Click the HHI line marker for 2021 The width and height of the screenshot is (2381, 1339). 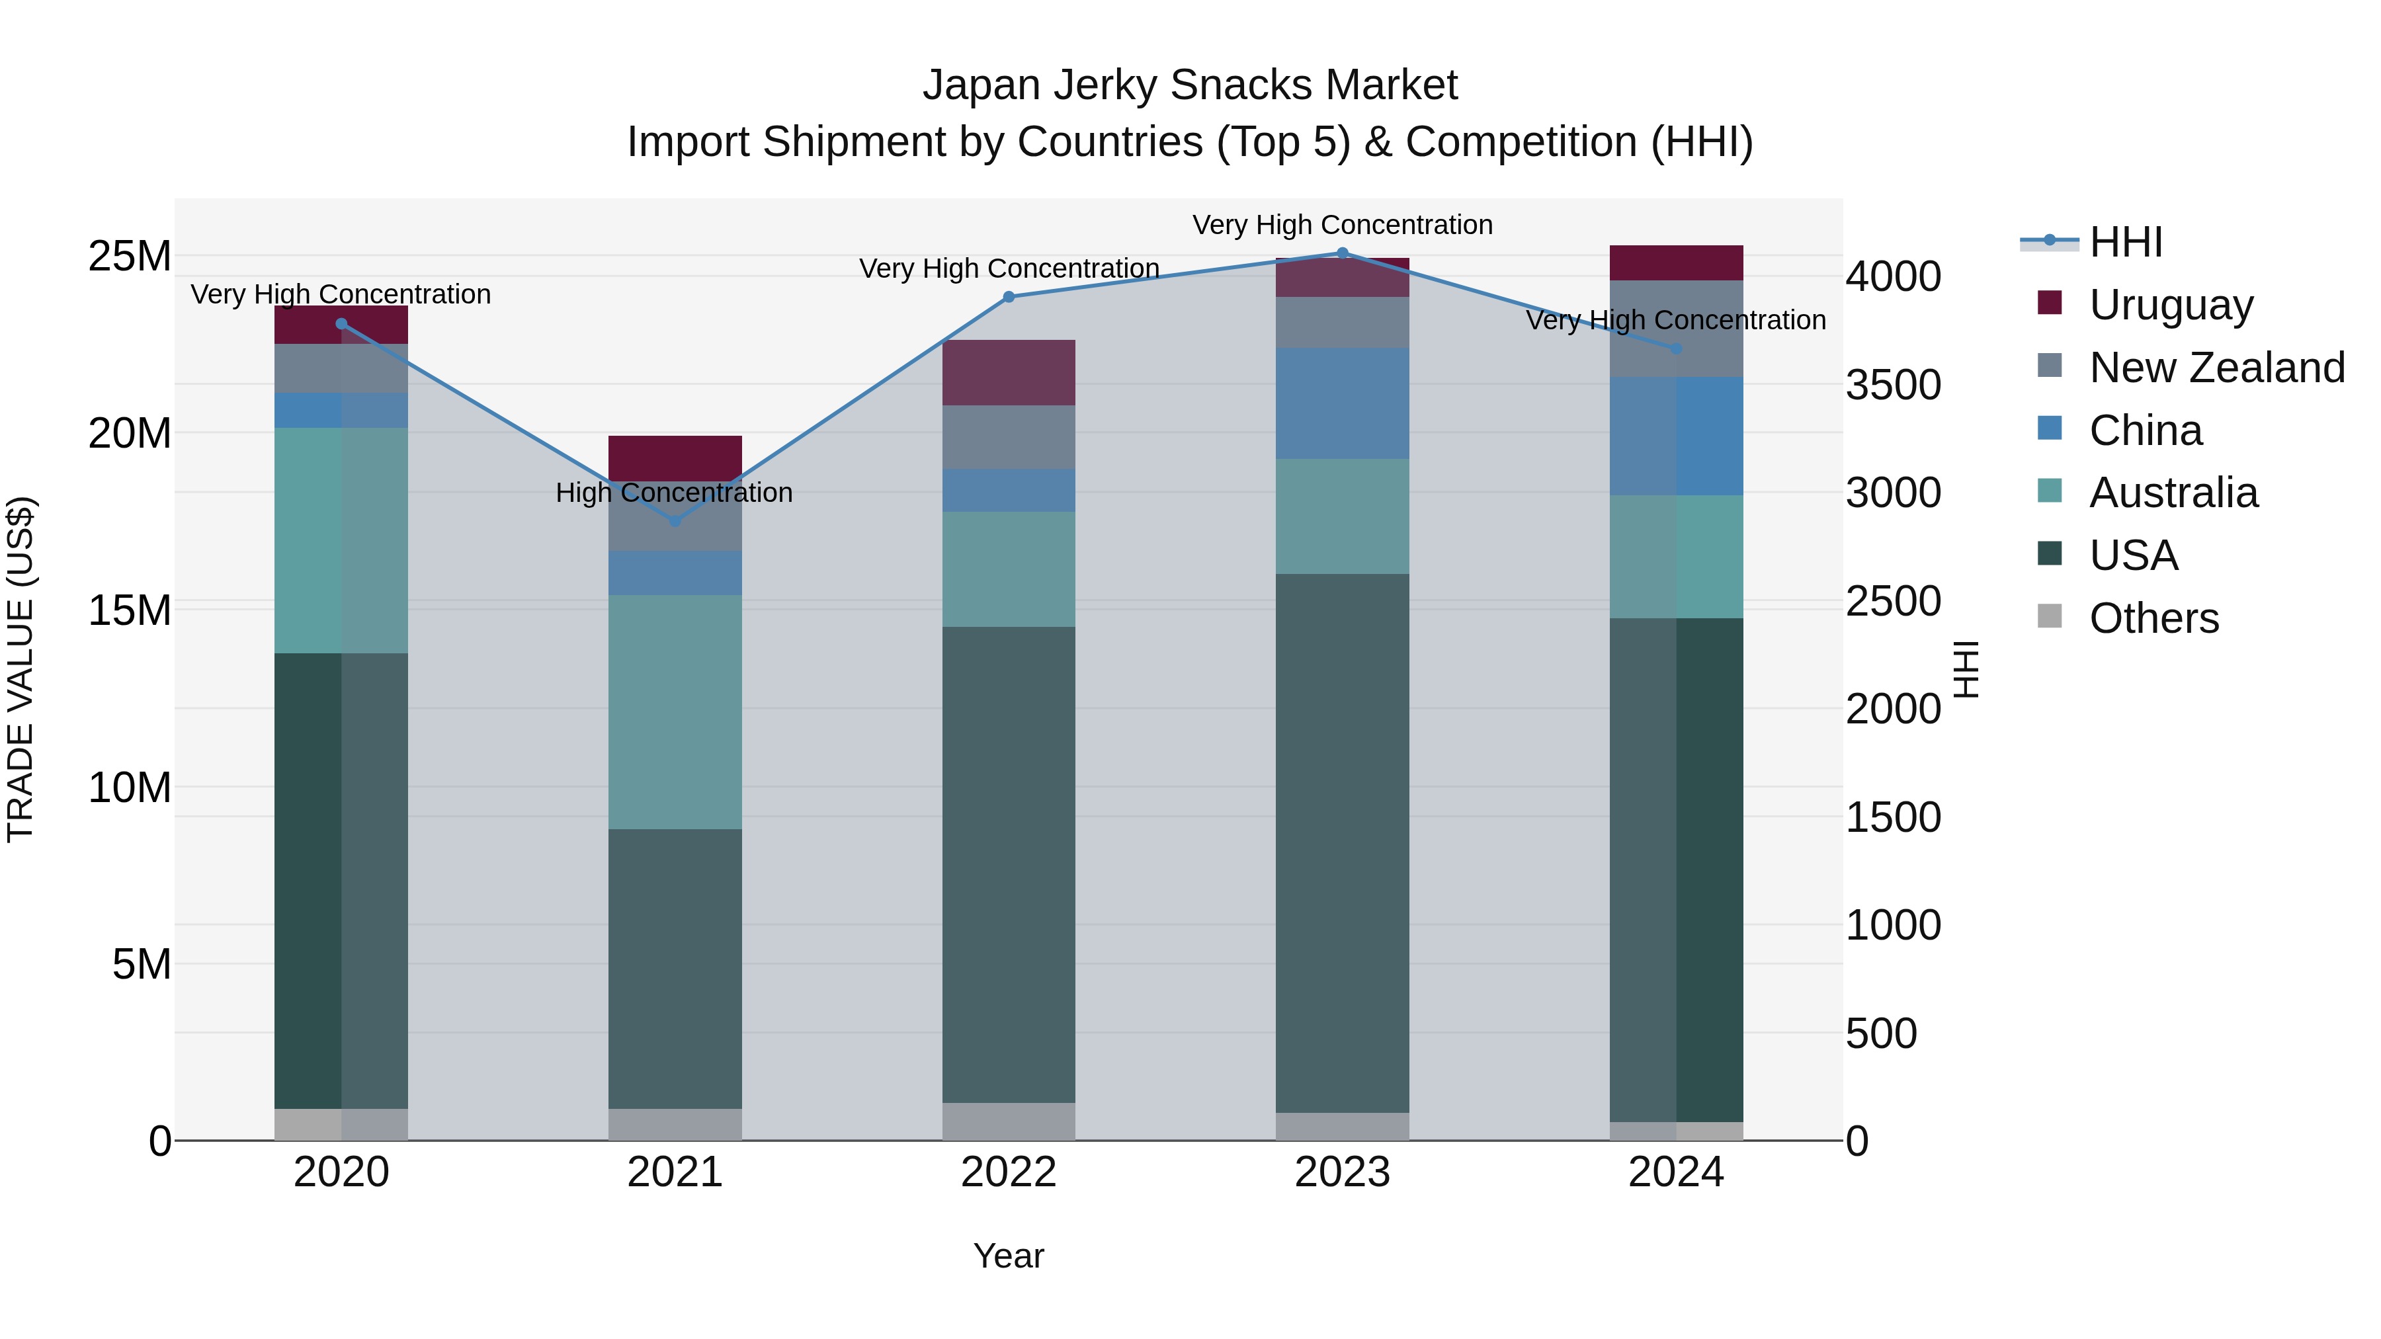(x=675, y=521)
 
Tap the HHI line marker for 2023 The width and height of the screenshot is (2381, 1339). (x=1342, y=253)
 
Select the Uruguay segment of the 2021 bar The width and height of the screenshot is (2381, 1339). (x=675, y=456)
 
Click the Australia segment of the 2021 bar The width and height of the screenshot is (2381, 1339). (x=675, y=711)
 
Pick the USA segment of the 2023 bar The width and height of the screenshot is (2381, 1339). (x=1342, y=843)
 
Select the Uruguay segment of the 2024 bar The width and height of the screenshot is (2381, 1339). (x=1676, y=263)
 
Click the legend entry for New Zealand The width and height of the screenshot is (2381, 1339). (x=2216, y=368)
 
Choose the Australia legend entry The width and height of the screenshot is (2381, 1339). (x=2173, y=493)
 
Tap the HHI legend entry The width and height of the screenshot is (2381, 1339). (x=2125, y=242)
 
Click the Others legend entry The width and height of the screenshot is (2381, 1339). (x=2153, y=618)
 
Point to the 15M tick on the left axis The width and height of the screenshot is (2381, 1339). (x=130, y=610)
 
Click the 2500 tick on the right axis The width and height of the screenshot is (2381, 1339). (x=1893, y=602)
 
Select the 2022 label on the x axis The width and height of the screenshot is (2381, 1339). (x=1009, y=1172)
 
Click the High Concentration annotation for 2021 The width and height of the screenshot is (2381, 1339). (x=674, y=493)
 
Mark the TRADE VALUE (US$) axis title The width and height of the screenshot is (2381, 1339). (x=21, y=669)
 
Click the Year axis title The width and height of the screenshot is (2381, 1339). (x=1009, y=1256)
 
